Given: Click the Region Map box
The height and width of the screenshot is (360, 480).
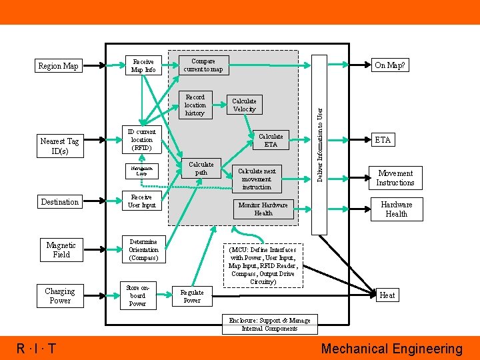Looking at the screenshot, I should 58,66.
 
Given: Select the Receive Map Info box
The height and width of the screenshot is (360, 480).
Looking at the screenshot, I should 143,65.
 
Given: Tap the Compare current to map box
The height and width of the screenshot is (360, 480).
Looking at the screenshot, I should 203,65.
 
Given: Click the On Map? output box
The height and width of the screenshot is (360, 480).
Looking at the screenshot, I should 390,65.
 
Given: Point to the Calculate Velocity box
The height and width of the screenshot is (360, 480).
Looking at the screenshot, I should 243,105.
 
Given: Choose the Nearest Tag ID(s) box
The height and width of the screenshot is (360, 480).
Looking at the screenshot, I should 59,146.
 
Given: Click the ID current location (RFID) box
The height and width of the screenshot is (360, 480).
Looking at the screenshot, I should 141,140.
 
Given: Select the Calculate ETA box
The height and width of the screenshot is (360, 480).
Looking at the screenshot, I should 270,140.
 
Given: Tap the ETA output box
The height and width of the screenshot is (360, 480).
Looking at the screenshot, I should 383,140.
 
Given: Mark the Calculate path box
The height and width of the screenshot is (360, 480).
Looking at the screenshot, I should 201,168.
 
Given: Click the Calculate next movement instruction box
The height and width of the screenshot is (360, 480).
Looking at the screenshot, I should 257,179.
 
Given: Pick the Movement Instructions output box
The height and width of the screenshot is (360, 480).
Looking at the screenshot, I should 395,178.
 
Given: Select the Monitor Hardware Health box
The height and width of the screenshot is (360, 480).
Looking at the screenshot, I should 263,209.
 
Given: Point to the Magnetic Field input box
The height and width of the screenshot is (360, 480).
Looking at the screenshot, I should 61,249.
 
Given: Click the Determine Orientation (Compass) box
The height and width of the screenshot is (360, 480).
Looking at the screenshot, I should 143,250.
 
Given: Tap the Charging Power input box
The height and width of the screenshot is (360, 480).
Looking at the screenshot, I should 60,296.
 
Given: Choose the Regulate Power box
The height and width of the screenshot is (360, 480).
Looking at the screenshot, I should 192,296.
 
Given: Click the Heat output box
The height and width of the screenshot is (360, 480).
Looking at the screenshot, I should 387,295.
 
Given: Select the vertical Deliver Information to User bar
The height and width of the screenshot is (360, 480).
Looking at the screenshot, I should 320,144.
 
